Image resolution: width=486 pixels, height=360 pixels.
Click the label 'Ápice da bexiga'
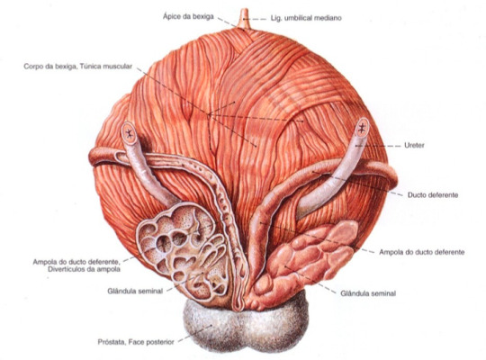pos(188,16)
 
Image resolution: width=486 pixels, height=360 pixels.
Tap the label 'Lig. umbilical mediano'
pos(306,18)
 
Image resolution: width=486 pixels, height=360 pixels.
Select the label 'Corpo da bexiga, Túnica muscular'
pos(78,67)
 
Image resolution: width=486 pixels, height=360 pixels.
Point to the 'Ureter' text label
pos(414,145)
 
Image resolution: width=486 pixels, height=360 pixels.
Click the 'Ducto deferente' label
pos(433,195)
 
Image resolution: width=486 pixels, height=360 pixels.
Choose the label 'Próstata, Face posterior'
pos(136,342)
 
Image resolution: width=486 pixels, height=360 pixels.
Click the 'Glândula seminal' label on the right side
pos(368,293)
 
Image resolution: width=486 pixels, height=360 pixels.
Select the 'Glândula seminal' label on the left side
pos(135,292)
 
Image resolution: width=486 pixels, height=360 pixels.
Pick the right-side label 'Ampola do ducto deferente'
pos(422,252)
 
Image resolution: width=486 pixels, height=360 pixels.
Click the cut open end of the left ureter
pos(129,133)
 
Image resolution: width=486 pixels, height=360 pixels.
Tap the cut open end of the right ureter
pos(362,128)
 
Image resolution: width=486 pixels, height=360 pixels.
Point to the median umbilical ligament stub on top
pos(244,19)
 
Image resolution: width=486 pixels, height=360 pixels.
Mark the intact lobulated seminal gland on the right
pos(307,261)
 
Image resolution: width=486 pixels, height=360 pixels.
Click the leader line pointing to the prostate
pos(195,334)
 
